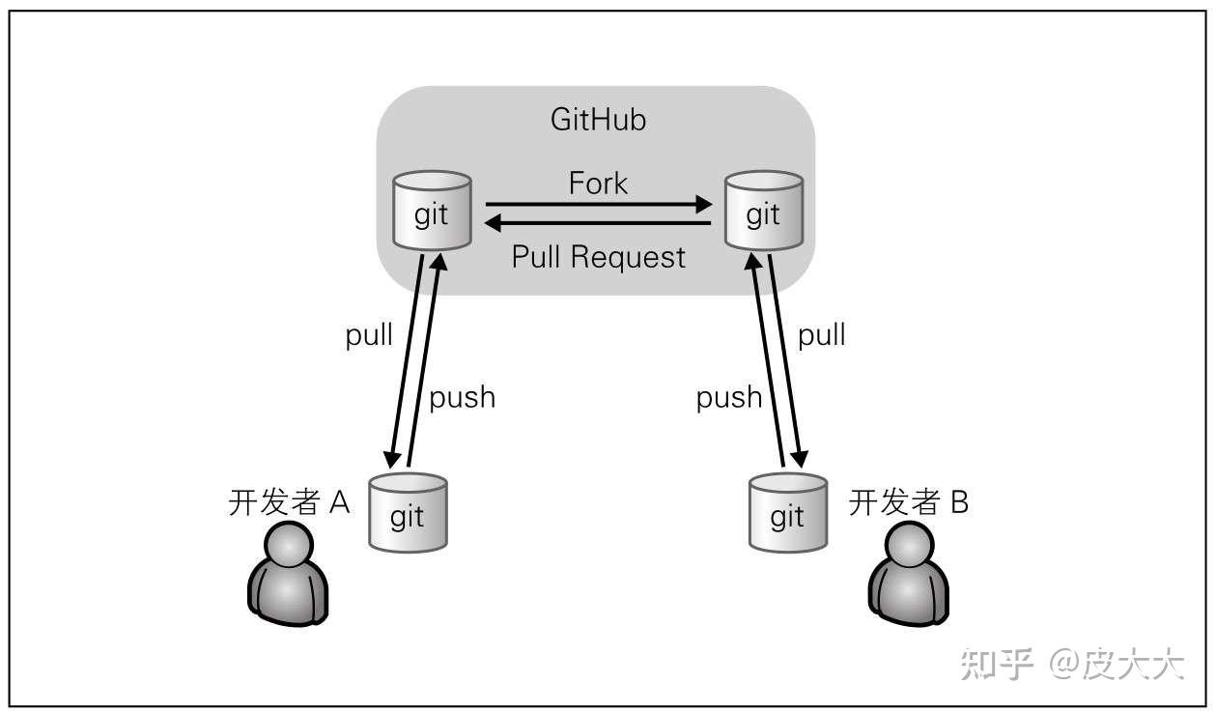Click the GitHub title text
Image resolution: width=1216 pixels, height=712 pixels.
pos(598,120)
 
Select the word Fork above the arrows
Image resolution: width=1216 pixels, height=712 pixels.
pos(598,183)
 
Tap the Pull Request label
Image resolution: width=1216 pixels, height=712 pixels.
pos(598,257)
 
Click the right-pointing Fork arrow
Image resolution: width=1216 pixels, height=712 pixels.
pos(598,205)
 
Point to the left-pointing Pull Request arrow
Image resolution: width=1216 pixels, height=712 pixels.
pos(598,224)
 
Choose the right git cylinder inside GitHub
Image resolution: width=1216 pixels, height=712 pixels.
pos(763,211)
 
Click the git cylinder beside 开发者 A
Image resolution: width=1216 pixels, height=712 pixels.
pos(408,512)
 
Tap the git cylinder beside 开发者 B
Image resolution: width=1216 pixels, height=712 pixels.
pos(788,512)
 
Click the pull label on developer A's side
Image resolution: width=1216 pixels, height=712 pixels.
pos(369,335)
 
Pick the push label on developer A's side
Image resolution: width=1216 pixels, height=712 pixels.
pos(462,397)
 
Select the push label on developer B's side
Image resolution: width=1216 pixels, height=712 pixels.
pos(729,397)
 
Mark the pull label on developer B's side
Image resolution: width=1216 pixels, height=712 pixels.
pos(822,335)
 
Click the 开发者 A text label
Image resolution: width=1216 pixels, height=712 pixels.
pos(289,503)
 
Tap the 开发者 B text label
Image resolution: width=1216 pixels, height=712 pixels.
pos(908,503)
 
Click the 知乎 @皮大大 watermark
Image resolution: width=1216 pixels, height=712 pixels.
pos(1072,665)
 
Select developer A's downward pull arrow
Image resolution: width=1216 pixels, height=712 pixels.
pos(406,357)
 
